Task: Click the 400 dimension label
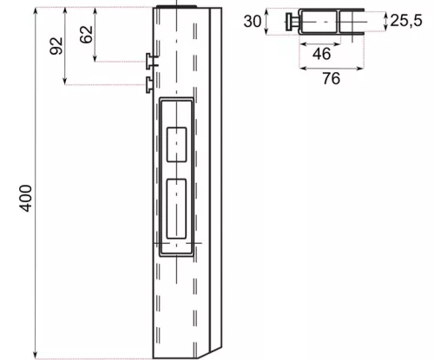(x=26, y=199)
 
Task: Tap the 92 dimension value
(x=56, y=46)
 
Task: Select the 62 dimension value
(x=86, y=35)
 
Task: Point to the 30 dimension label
(x=253, y=21)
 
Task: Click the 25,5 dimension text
(x=406, y=21)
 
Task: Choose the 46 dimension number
(x=321, y=54)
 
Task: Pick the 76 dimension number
(x=332, y=78)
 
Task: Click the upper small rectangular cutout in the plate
(x=176, y=145)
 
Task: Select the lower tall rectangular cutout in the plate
(x=176, y=209)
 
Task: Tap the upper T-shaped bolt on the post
(x=151, y=61)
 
